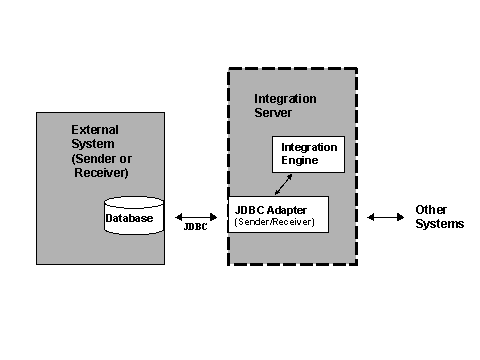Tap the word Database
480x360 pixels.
[131, 218]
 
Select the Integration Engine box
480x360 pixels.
[308, 153]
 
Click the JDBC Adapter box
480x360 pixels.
[279, 214]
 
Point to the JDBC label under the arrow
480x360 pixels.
[196, 228]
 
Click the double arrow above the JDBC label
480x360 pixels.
[196, 216]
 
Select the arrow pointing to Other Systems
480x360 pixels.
[385, 216]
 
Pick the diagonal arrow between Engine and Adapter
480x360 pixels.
[285, 185]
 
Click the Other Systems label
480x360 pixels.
[439, 217]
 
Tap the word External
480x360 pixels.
[95, 130]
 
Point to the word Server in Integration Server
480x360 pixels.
[274, 112]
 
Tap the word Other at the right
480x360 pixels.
[432, 210]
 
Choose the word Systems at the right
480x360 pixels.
[440, 224]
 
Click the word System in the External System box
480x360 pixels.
[92, 144]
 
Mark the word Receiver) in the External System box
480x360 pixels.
[98, 171]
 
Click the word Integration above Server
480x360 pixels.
[285, 99]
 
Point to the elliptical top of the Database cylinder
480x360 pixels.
[133, 201]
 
